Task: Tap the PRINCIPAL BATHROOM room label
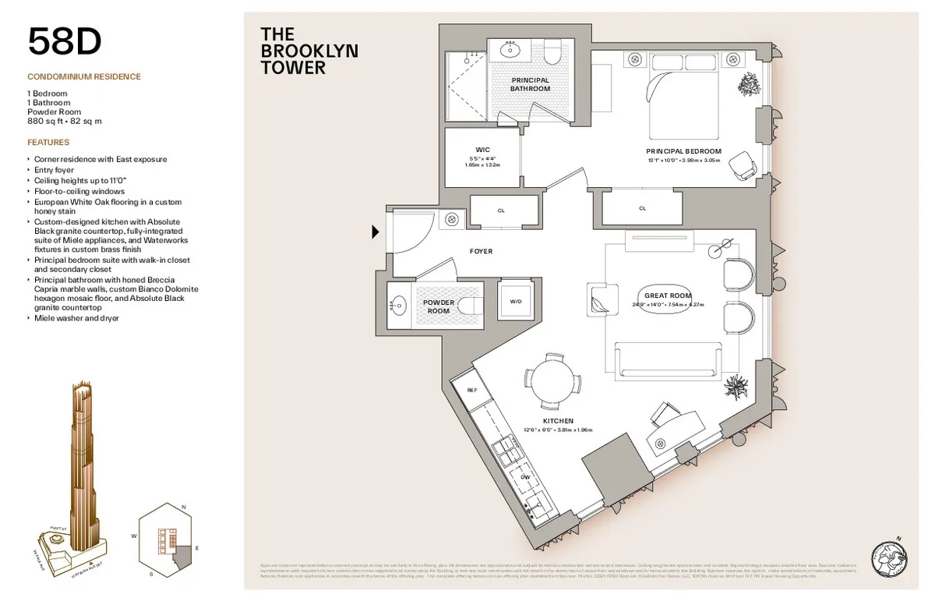click(530, 84)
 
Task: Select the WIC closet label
click(482, 149)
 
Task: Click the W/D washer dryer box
click(515, 301)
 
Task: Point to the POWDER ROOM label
click(439, 306)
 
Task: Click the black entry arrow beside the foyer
click(376, 232)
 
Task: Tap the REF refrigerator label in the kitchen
click(471, 389)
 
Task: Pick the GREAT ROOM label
click(668, 295)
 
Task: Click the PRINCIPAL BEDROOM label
click(683, 151)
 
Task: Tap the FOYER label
click(481, 252)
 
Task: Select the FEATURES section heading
click(48, 143)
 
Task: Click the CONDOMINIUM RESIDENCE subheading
click(84, 77)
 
